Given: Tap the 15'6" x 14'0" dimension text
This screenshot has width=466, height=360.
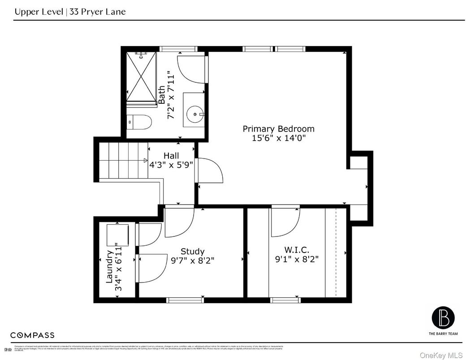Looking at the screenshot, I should [x=278, y=138].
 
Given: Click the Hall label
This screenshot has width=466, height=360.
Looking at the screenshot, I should [x=171, y=155].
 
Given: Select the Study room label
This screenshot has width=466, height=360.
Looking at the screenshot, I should [x=192, y=251].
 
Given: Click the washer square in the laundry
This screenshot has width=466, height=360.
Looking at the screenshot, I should [x=117, y=235].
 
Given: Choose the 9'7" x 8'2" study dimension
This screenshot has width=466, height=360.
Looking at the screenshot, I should [x=192, y=261].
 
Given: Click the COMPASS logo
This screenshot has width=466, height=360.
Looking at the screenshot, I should [x=32, y=335].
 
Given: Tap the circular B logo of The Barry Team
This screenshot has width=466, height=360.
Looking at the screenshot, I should [x=443, y=317].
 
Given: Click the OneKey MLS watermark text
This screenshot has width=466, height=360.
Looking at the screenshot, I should [x=441, y=355].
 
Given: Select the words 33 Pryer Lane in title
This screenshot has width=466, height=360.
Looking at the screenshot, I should [x=98, y=12].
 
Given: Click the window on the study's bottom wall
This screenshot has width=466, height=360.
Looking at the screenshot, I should [x=185, y=300].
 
